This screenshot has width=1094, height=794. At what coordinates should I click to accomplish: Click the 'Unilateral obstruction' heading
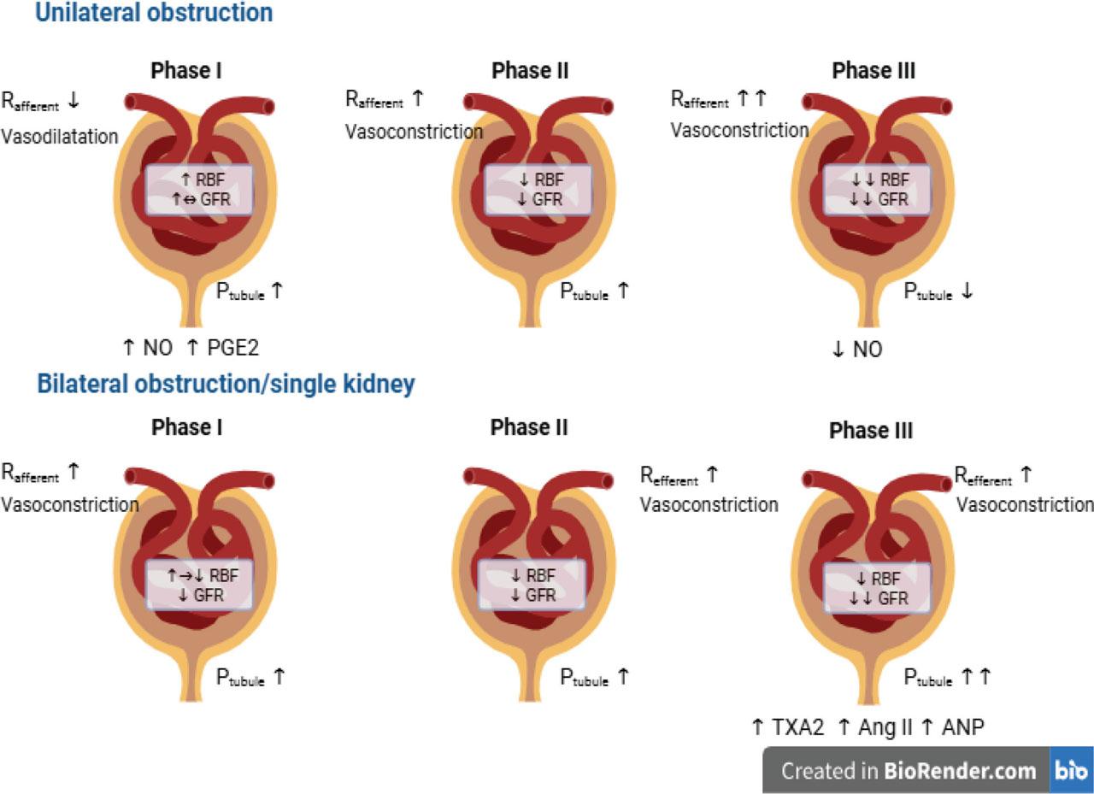click(x=154, y=12)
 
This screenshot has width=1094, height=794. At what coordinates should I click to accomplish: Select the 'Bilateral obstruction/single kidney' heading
click(x=226, y=384)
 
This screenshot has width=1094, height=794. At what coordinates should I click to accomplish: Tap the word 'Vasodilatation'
click(x=60, y=136)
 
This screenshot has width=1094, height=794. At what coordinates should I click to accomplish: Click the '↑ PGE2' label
click(x=223, y=348)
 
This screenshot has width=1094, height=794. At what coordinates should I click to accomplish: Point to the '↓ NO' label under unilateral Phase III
click(x=857, y=350)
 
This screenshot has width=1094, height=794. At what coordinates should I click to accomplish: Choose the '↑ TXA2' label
click(x=788, y=727)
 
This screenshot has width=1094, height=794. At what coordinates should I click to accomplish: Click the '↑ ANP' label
click(x=952, y=727)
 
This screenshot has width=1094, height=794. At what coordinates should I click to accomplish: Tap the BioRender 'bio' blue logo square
click(x=1072, y=770)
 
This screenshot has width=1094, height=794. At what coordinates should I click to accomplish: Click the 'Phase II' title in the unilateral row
click(x=530, y=71)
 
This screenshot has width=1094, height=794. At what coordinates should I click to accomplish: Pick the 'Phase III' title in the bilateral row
click(x=871, y=431)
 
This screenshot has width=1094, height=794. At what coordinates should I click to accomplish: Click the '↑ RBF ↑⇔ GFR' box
click(x=200, y=190)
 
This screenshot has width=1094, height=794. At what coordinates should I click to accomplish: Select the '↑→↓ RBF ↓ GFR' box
click(x=200, y=585)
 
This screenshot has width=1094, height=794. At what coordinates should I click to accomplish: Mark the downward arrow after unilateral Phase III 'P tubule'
click(x=967, y=291)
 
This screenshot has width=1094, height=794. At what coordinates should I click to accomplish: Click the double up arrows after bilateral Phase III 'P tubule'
click(x=975, y=677)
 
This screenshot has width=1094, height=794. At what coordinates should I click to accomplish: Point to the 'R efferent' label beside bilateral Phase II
click(x=669, y=475)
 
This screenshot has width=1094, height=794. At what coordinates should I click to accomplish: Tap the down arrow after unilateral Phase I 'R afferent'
click(x=74, y=100)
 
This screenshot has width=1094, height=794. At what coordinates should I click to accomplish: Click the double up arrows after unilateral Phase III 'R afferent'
click(x=751, y=98)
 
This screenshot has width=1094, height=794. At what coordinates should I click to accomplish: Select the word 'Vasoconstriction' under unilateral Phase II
click(x=415, y=132)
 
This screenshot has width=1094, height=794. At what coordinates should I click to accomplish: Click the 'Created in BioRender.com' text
click(x=909, y=771)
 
